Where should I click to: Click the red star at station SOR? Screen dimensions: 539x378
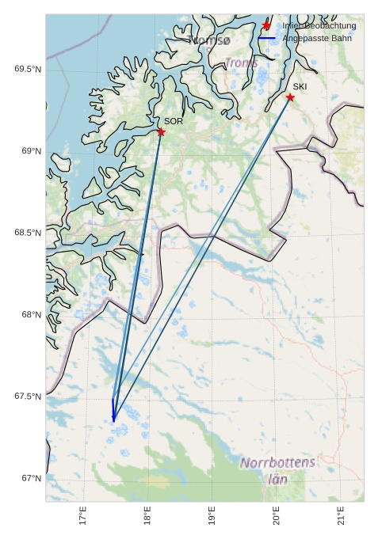161,132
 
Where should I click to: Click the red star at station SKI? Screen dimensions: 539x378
290,97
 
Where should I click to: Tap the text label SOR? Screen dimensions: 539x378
174,121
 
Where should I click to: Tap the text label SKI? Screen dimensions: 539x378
300,86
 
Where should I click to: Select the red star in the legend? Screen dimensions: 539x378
266,25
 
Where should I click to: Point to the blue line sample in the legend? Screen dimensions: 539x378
266,38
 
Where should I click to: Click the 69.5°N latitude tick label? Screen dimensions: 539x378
28,70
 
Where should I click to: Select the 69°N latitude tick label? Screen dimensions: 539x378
31,151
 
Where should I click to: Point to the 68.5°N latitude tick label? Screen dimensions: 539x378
28,233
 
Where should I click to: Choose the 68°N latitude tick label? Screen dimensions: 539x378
31,315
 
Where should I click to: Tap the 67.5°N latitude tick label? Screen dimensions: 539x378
28,397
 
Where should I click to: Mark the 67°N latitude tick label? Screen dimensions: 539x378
31,478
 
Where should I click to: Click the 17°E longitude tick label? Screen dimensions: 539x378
83,516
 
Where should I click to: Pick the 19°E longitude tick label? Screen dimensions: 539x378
212,516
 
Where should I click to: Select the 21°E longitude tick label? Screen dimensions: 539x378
341,516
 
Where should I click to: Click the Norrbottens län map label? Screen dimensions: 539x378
277,470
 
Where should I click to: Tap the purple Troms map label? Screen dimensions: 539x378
241,63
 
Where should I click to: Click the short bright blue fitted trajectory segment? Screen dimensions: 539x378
113,409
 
